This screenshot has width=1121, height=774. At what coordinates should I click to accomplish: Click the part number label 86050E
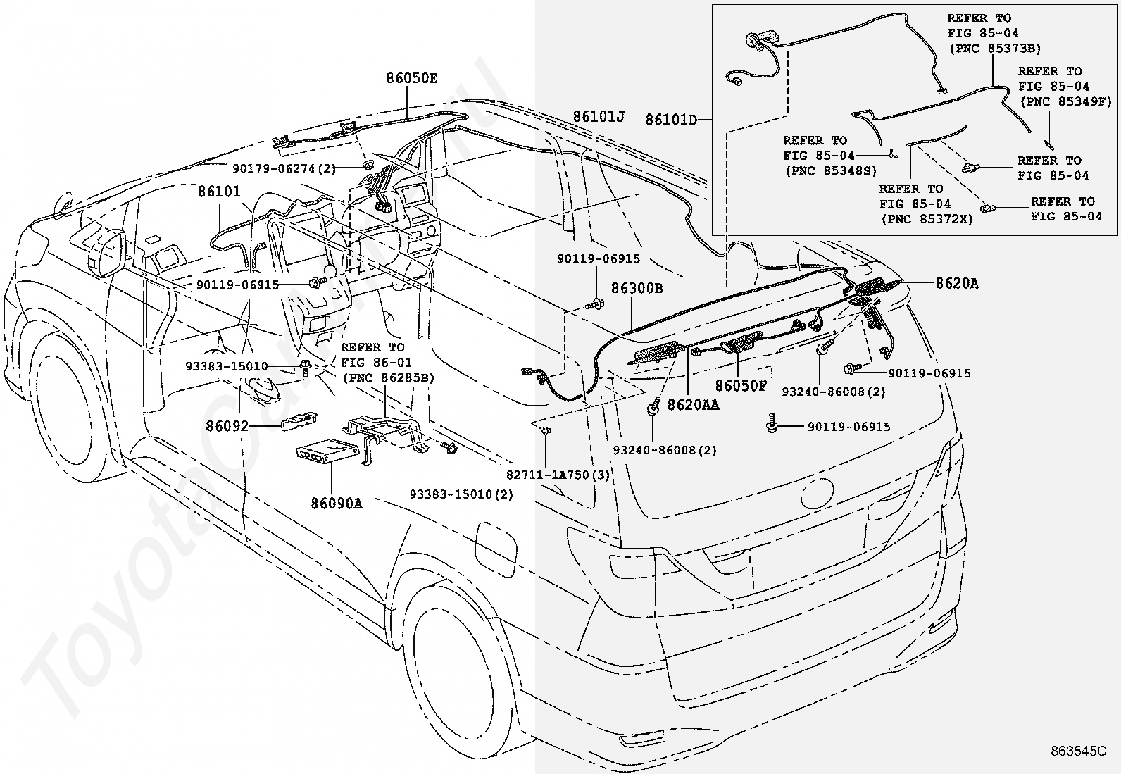(411, 78)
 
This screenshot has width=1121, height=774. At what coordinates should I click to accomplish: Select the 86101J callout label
(599, 117)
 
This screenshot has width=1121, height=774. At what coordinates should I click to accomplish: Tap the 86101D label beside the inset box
(671, 120)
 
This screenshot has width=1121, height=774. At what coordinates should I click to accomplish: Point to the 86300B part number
(637, 288)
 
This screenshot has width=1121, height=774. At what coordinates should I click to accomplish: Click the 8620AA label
(693, 404)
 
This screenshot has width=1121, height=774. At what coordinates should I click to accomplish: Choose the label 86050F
(741, 385)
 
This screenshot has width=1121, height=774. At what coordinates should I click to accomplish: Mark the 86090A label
(337, 503)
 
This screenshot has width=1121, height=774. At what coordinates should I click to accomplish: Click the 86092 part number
(227, 425)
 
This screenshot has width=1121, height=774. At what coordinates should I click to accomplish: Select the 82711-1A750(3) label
(558, 475)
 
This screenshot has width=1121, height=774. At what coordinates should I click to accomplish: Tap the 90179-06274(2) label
(284, 168)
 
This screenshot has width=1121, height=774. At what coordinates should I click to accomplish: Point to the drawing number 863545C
(1078, 751)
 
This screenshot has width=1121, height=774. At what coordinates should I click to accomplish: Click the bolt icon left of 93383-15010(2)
(449, 447)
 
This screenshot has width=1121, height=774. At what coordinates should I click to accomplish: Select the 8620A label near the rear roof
(957, 283)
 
